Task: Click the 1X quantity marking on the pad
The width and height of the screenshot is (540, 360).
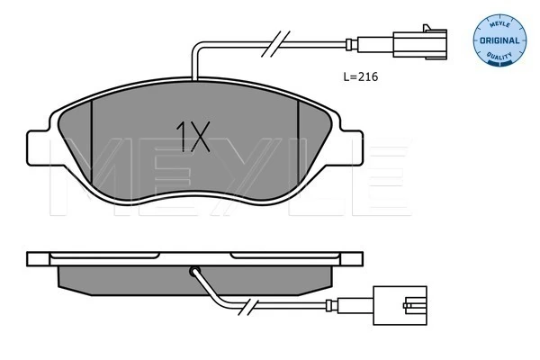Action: pyautogui.click(x=193, y=137)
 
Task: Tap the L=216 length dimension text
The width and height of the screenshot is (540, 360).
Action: pyautogui.click(x=361, y=76)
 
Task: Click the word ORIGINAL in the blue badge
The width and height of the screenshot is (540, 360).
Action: pyautogui.click(x=499, y=40)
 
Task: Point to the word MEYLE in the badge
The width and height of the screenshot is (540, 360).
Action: pyautogui.click(x=499, y=24)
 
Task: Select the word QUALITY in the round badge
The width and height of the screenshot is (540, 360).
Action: pyautogui.click(x=499, y=56)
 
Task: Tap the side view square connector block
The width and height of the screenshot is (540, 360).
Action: pyautogui.click(x=400, y=305)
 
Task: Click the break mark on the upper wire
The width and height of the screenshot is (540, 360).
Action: pyautogui.click(x=275, y=44)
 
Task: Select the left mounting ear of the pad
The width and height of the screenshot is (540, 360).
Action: pyautogui.click(x=40, y=148)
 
